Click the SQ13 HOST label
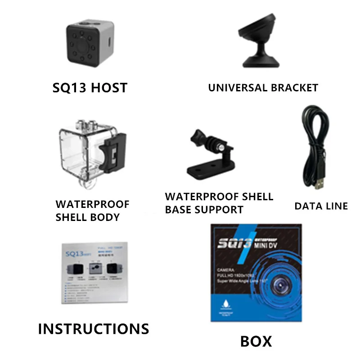tap(90, 87)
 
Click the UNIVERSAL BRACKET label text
tap(263, 87)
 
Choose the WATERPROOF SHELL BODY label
tap(92, 211)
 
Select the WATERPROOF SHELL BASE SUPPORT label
tap(219, 203)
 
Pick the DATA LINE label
tap(321, 206)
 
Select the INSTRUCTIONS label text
tap(93, 328)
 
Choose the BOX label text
tap(256, 341)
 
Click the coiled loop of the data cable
tap(315, 130)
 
